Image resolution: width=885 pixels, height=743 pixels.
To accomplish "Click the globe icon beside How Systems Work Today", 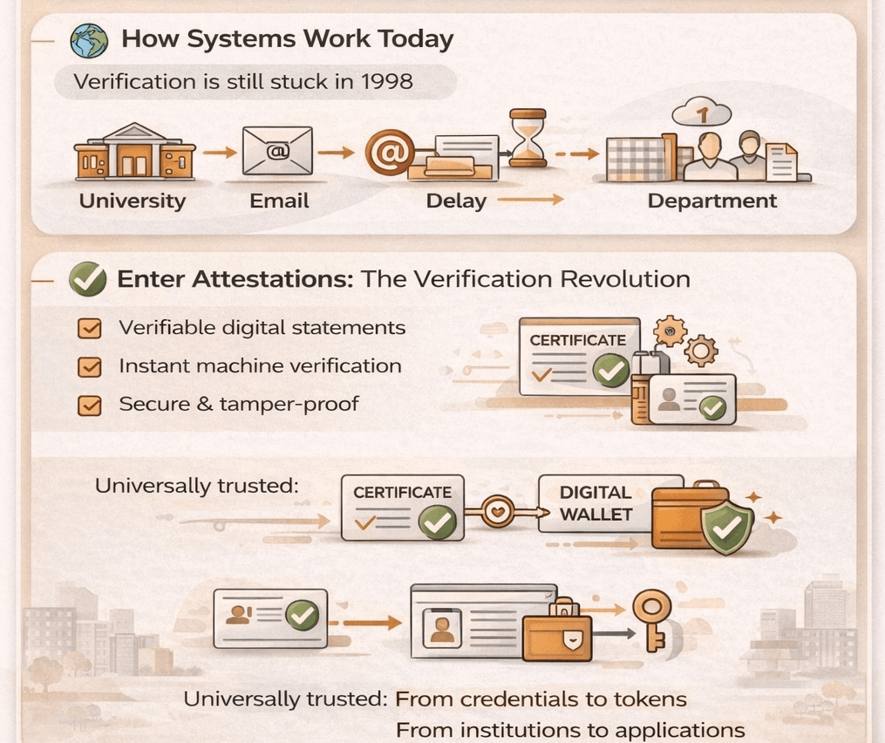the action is click(x=91, y=40).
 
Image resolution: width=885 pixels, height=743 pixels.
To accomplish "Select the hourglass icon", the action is click(x=528, y=137).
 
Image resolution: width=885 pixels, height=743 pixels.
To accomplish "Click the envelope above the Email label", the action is click(x=278, y=150).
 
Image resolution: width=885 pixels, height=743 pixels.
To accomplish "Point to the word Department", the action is click(x=711, y=201).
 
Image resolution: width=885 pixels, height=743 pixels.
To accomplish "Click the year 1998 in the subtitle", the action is click(x=385, y=82).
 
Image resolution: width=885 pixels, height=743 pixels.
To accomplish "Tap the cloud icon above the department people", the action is click(x=701, y=111).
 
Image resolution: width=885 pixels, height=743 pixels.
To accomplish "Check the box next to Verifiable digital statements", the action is click(x=89, y=329).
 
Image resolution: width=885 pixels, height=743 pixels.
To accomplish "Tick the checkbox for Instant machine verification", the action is click(x=89, y=367).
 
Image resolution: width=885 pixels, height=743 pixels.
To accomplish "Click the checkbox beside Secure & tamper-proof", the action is click(x=89, y=406).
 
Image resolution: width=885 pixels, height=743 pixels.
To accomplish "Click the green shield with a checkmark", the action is click(x=728, y=526).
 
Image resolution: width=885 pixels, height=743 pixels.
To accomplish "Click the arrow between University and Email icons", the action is click(x=220, y=153).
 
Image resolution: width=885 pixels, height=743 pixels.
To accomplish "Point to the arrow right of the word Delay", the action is click(x=530, y=201).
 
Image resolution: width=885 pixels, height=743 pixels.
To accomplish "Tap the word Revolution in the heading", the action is click(x=625, y=279).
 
